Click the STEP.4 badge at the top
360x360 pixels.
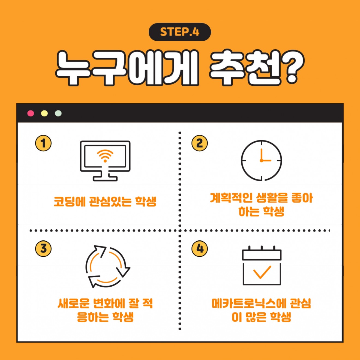180,32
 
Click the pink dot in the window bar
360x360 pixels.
31,113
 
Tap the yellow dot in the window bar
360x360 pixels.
44,113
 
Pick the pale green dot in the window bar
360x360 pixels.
58,113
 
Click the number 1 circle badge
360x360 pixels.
43,143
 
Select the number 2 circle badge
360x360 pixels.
200,143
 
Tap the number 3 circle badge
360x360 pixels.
43,248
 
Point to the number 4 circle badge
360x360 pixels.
200,248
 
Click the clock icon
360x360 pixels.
261,160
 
